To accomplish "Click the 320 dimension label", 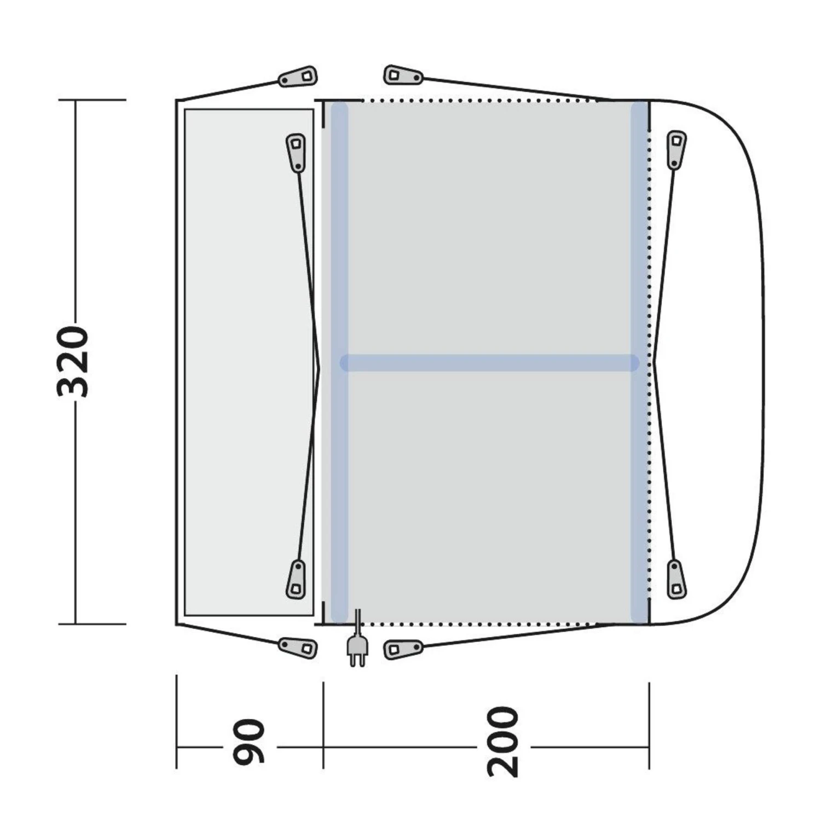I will point(73,362).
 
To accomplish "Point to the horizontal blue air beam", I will point(489,363).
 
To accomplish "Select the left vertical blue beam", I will point(339,361).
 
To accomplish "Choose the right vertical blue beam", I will point(639,361).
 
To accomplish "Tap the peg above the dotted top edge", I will point(403,75).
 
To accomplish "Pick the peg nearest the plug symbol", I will point(403,649).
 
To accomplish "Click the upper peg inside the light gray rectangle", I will point(296,152).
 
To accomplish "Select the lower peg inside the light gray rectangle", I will point(296,579).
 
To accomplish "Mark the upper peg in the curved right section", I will point(677,149).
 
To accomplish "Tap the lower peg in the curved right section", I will point(677,579).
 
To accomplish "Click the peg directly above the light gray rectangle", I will point(298,77).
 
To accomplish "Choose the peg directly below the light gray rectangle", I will point(298,647).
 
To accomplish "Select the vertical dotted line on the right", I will point(650,361).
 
